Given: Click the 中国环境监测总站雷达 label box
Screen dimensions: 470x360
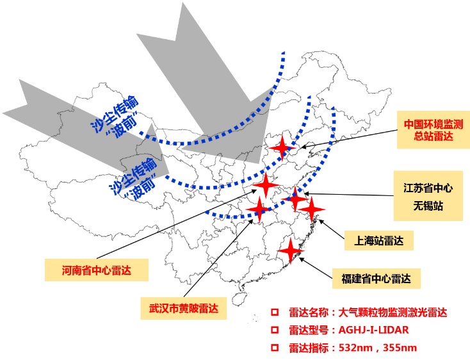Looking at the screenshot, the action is [x=434, y=130].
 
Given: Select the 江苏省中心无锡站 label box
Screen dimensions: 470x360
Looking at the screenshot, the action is [x=428, y=196].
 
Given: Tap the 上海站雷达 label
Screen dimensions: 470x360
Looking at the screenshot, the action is [x=379, y=240].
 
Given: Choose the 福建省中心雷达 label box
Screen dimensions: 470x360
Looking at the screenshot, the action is [x=376, y=279].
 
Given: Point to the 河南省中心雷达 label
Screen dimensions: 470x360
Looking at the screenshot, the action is [x=97, y=270].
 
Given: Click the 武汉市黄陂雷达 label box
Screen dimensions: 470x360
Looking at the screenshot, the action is [x=183, y=308].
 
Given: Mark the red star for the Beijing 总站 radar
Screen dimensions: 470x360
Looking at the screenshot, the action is [x=282, y=148].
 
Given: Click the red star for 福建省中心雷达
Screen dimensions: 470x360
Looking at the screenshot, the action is [x=291, y=250].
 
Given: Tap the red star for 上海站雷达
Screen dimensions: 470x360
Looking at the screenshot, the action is [x=312, y=209].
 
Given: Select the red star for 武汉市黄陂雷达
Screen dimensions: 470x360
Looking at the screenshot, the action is [x=259, y=209].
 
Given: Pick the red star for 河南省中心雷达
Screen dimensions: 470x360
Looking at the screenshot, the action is [x=266, y=184].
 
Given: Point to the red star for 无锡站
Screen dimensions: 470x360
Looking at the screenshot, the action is [x=295, y=199].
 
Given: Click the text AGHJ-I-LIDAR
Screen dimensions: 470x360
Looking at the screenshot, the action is [x=373, y=330].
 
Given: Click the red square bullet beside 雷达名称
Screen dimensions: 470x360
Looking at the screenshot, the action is [x=274, y=313].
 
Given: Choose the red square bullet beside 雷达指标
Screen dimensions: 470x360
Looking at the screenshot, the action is [x=274, y=348].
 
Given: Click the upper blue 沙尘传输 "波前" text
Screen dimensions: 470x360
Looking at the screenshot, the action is [x=116, y=117].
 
